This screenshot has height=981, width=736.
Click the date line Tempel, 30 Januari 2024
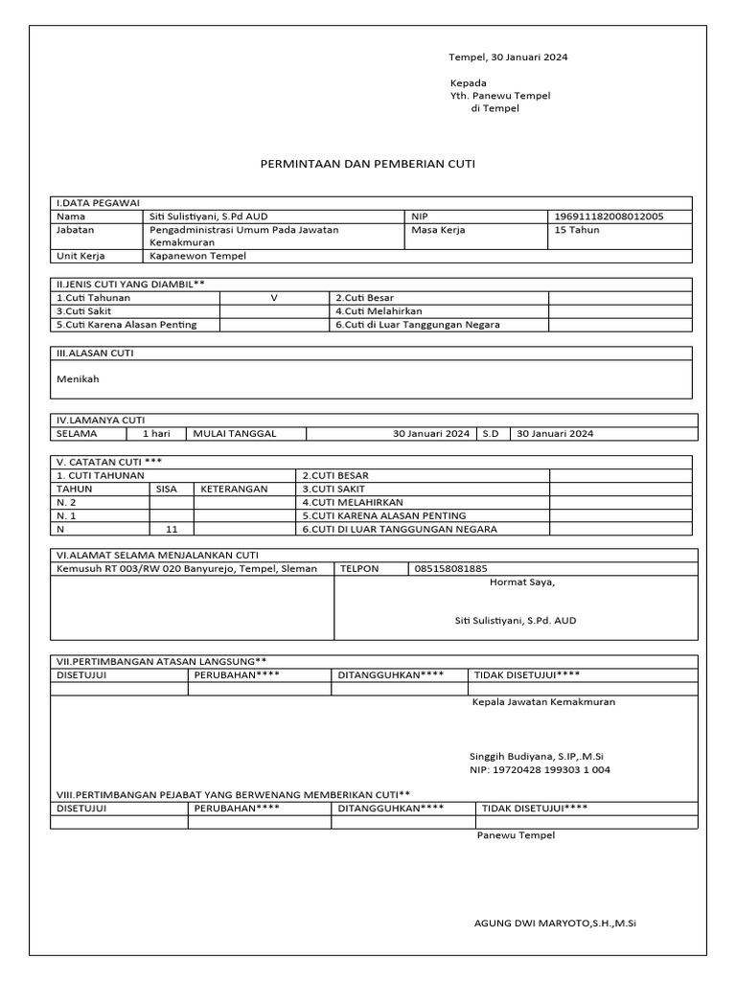tap(509, 57)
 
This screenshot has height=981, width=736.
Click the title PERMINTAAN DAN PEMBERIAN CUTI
tap(368, 164)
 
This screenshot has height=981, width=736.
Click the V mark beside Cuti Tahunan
tap(274, 298)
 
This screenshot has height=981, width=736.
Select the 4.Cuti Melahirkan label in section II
tap(379, 311)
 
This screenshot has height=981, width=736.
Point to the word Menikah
tap(79, 378)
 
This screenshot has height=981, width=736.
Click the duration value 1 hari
tap(156, 433)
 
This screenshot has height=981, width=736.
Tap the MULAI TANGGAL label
tap(235, 433)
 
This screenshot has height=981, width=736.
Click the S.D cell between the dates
tap(491, 433)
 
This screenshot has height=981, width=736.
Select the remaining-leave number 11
tap(172, 529)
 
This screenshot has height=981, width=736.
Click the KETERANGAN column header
tap(234, 489)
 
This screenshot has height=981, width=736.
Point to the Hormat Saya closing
tap(522, 582)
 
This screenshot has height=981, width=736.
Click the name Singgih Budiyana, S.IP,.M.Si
tap(536, 755)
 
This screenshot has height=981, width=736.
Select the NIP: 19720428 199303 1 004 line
tap(540, 769)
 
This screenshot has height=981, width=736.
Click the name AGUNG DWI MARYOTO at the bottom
tap(556, 924)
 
